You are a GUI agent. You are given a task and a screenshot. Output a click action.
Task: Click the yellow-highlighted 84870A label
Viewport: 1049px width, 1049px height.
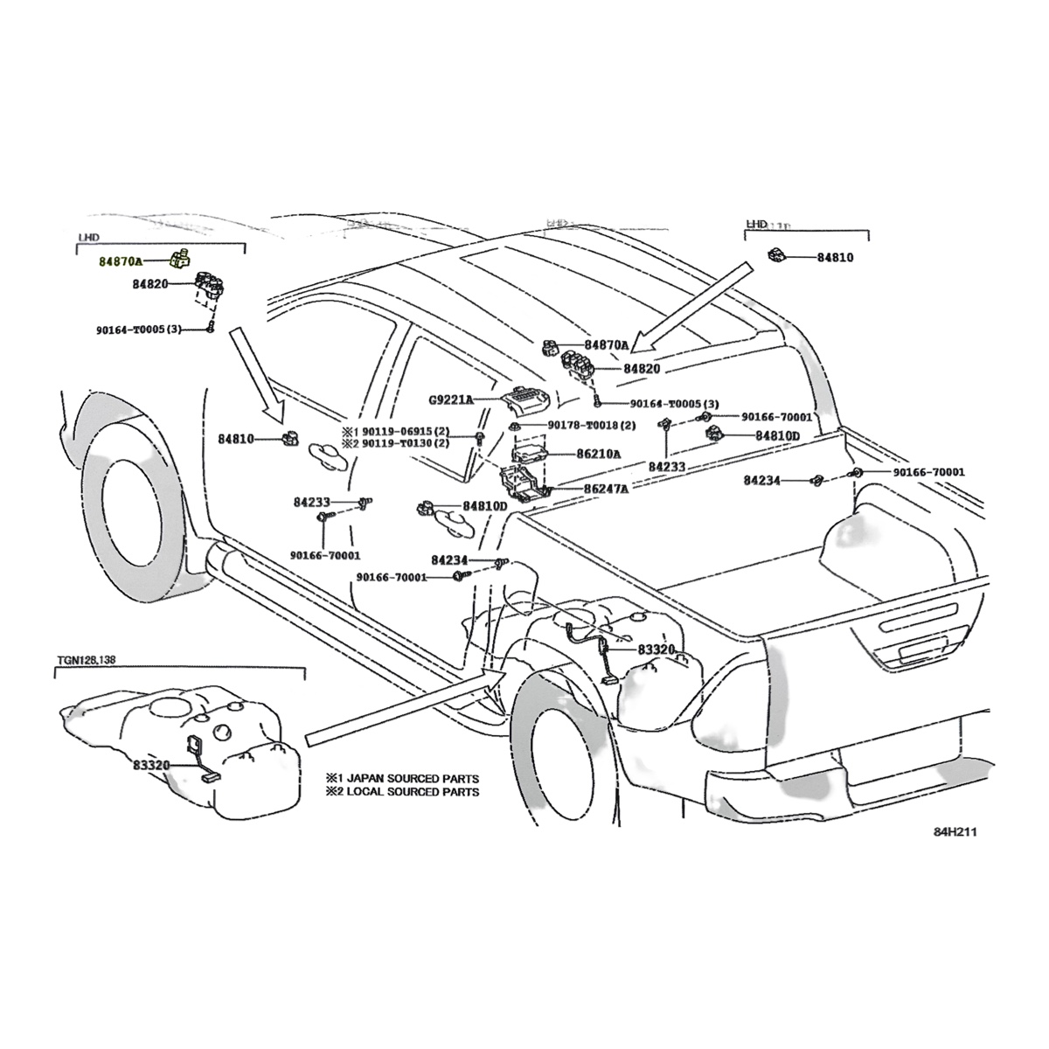pyautogui.click(x=122, y=261)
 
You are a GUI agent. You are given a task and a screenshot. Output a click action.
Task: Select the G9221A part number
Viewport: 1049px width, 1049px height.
pyautogui.click(x=450, y=399)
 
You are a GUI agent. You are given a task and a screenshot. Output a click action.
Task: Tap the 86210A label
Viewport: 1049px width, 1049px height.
pyautogui.click(x=599, y=454)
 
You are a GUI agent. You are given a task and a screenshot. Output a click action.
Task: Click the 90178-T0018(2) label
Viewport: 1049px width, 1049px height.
pyautogui.click(x=592, y=425)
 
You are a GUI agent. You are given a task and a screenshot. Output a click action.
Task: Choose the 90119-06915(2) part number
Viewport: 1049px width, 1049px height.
pyautogui.click(x=399, y=432)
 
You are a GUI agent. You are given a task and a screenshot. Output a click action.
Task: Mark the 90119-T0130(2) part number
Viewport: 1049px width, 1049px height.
pyautogui.click(x=399, y=444)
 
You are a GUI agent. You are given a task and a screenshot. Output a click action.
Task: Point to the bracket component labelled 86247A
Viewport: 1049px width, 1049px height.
pyautogui.click(x=523, y=483)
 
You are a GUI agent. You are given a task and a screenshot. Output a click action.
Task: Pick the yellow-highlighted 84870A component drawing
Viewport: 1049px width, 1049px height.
pyautogui.click(x=181, y=258)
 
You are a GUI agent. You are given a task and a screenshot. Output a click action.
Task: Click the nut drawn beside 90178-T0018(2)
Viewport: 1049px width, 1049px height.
pyautogui.click(x=513, y=426)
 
